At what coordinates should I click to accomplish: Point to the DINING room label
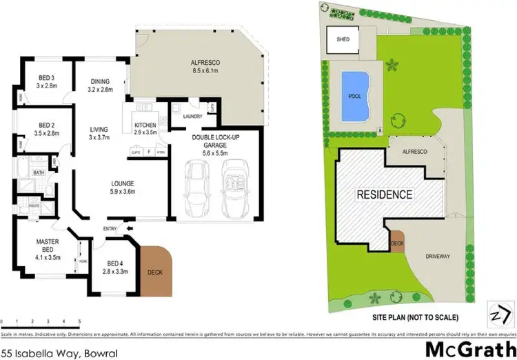101,84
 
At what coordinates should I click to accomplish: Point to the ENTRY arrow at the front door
128,228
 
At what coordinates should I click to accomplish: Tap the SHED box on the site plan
343,39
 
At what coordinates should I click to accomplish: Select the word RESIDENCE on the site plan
384,194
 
